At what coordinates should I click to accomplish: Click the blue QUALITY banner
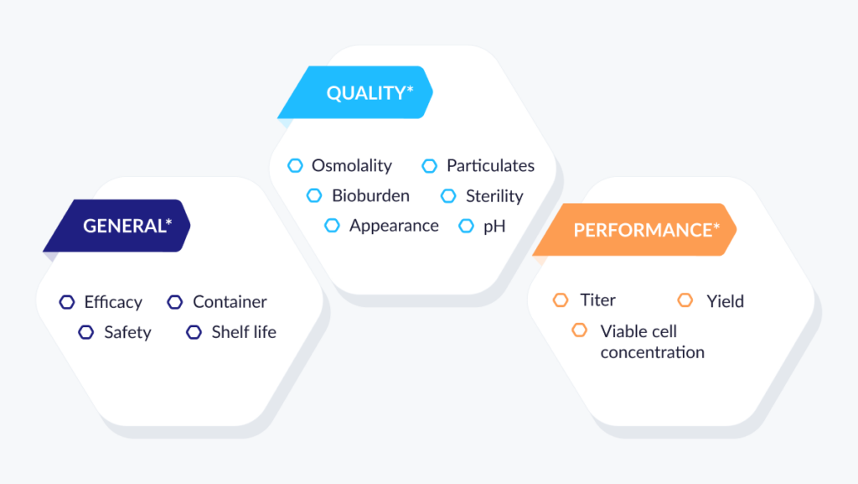tap(355, 92)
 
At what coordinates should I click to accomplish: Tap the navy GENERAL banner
tap(117, 226)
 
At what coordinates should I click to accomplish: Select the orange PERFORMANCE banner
tap(635, 229)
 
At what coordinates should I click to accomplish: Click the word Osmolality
tap(351, 165)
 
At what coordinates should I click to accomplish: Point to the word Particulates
tap(490, 165)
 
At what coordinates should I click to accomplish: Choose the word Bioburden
tap(370, 195)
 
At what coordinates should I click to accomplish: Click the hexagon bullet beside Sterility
tap(448, 195)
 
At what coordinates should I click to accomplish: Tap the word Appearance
tap(394, 226)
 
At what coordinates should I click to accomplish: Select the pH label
tap(494, 226)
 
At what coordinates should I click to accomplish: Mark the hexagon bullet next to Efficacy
tap(67, 302)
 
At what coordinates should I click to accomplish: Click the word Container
tap(230, 302)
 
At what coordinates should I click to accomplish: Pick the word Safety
tap(127, 332)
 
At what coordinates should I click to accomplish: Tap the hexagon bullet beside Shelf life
tap(194, 332)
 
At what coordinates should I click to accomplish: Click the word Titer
tap(597, 300)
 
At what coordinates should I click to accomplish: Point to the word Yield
tap(725, 301)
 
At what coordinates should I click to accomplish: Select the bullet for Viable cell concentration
tap(580, 330)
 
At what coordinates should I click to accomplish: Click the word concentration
tap(652, 352)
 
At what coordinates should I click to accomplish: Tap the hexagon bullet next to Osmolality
tap(295, 165)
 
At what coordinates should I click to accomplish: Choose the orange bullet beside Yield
tap(685, 300)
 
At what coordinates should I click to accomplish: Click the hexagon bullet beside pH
tap(466, 226)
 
